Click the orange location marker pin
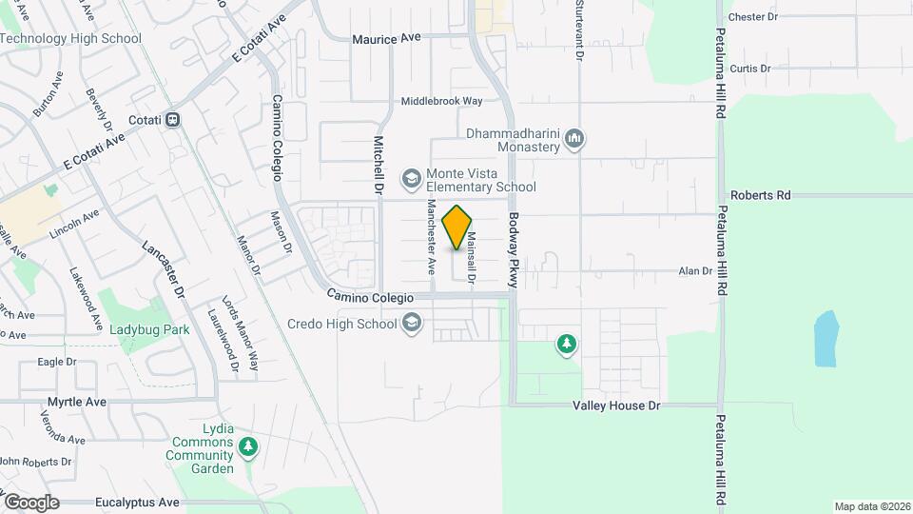point(457,227)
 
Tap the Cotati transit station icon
point(173,120)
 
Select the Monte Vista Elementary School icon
point(411,178)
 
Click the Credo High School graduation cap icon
point(411,324)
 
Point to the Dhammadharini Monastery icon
point(573,141)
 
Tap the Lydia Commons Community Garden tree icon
point(248,445)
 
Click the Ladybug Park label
point(148,329)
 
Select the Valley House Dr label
point(615,405)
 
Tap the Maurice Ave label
point(386,39)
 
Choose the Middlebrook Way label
point(441,101)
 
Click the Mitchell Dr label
point(378,166)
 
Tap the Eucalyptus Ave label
point(137,502)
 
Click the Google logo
point(32,502)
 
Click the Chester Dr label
point(752,17)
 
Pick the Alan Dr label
point(695,271)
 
